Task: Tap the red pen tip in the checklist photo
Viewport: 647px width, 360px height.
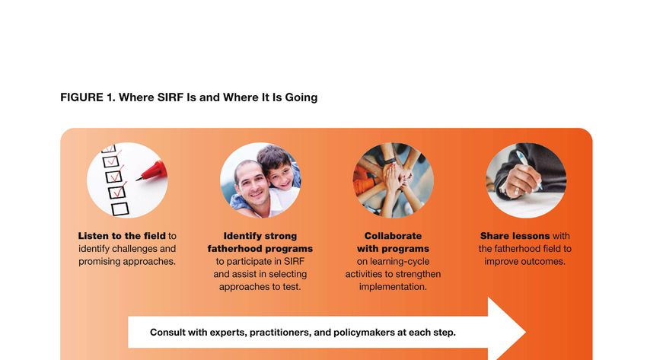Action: [x=139, y=179]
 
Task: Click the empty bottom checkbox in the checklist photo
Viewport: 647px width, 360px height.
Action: [x=120, y=209]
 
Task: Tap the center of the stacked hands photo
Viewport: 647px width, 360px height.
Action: [x=394, y=180]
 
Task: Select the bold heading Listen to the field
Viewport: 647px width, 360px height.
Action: [x=122, y=236]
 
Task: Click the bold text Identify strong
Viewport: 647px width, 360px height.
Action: [x=260, y=236]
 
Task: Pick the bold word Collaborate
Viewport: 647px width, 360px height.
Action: [x=393, y=236]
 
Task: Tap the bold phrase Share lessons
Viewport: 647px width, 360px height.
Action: [x=515, y=236]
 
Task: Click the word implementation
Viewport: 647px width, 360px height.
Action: [x=393, y=287]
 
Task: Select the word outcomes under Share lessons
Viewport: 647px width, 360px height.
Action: [x=545, y=262]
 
